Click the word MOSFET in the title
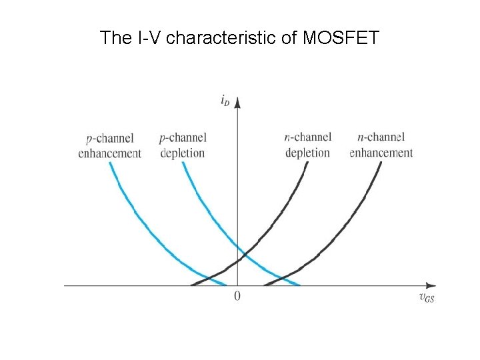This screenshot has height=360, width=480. pyautogui.click(x=341, y=38)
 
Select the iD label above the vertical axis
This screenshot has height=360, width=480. pyautogui.click(x=225, y=101)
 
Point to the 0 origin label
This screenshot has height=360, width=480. pyautogui.click(x=237, y=296)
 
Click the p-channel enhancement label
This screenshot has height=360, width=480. pyautogui.click(x=110, y=146)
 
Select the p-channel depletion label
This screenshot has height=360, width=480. pyautogui.click(x=183, y=145)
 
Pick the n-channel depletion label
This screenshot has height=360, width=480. pyautogui.click(x=307, y=145)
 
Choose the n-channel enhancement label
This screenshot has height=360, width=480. pyautogui.click(x=381, y=145)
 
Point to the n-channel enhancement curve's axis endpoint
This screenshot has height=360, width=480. pyautogui.click(x=265, y=285)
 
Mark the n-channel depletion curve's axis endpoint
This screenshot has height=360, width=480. pyautogui.click(x=192, y=285)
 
